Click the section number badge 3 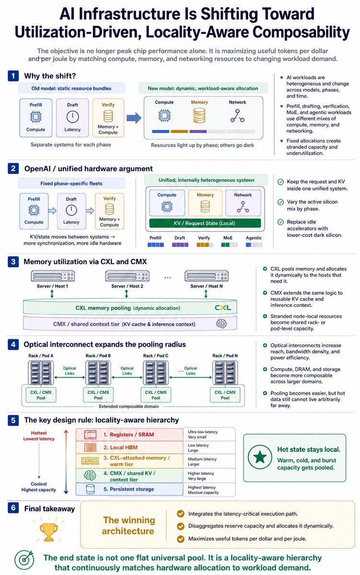13,262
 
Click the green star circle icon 260,457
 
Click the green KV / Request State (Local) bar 205,223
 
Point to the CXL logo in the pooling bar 223,308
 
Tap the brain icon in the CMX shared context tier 221,324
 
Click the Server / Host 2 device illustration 127,276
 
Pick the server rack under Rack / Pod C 156,372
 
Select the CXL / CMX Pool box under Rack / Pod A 41,395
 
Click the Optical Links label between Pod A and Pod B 70,371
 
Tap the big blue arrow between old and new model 134,118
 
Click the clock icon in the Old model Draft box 73,117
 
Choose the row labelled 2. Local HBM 129,448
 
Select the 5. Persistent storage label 128,489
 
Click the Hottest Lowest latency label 39,436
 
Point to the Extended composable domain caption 129,406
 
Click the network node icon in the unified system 243,207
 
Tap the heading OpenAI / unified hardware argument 88,169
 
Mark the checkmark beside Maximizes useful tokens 181,539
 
